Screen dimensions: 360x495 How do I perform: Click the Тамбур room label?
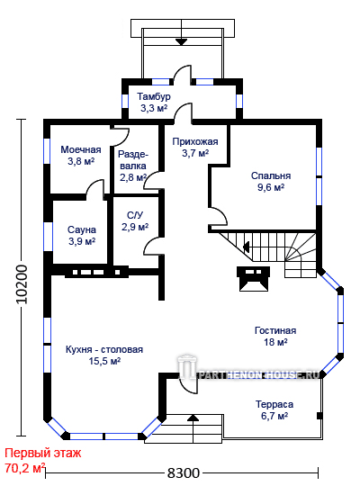tap(154, 96)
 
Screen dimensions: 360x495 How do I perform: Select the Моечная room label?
tap(81, 149)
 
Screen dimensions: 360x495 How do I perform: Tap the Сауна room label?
tap(82, 229)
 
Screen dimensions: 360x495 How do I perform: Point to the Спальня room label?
tap(271, 175)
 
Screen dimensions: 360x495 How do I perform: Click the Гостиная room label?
tap(275, 330)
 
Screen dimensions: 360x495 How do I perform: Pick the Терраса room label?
tap(274, 404)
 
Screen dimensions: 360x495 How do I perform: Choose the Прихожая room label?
tap(195, 141)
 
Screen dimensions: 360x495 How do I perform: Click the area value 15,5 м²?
tap(104, 361)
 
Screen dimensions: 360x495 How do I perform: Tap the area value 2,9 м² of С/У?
tap(135, 227)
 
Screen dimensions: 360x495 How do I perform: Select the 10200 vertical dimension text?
tap(22, 284)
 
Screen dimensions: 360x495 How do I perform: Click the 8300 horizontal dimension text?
tap(184, 472)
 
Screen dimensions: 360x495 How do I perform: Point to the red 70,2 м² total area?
tap(25, 467)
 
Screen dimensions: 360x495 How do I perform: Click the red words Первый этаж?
tap(43, 454)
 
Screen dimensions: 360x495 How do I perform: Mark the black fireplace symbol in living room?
tap(254, 279)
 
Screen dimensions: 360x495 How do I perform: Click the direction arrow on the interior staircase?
tap(246, 247)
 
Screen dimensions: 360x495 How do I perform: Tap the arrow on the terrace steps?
tap(193, 418)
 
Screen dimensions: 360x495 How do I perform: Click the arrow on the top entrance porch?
tap(182, 41)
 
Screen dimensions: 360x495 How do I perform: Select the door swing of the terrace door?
tap(188, 386)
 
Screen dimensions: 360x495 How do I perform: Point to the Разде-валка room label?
tap(133, 166)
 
